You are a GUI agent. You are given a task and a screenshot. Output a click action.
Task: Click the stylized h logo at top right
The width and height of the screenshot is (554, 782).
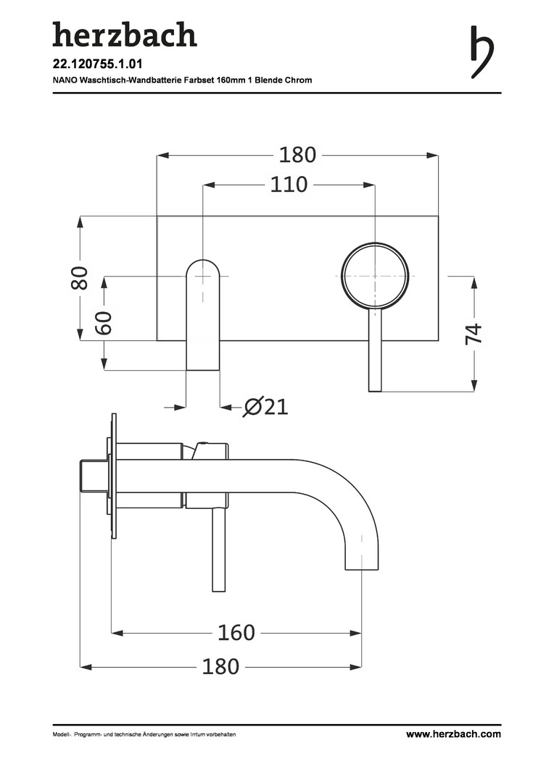(482, 52)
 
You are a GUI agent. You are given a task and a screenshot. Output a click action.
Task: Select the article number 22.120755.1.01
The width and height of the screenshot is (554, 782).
(91, 64)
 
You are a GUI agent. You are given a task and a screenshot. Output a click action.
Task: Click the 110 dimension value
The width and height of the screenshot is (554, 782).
(289, 185)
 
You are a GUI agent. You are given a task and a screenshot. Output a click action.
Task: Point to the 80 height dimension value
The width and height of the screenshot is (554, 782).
(80, 278)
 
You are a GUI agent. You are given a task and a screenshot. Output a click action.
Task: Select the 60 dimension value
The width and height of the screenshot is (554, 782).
(104, 323)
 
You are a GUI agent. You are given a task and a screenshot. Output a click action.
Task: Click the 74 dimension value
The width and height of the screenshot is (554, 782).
(474, 333)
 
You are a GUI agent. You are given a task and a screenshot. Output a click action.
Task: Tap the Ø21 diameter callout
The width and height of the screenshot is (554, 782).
(265, 407)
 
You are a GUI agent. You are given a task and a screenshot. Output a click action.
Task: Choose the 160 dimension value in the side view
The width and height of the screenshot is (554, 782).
(236, 632)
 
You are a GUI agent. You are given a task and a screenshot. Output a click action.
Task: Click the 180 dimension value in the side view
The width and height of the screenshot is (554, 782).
(220, 666)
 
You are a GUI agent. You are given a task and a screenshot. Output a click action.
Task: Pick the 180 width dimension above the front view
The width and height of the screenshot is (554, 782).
(297, 155)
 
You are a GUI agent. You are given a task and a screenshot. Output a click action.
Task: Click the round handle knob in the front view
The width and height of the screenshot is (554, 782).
(375, 276)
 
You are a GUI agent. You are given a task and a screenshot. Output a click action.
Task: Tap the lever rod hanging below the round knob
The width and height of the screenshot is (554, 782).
(375, 350)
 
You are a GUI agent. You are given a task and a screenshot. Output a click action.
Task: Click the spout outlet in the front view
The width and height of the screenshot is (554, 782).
(203, 315)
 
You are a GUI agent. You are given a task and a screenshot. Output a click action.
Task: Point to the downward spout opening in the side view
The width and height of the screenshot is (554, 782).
(362, 569)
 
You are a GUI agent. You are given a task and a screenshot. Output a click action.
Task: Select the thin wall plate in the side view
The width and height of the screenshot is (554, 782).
(114, 476)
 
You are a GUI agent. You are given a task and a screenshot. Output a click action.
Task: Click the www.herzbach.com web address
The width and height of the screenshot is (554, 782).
(453, 734)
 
